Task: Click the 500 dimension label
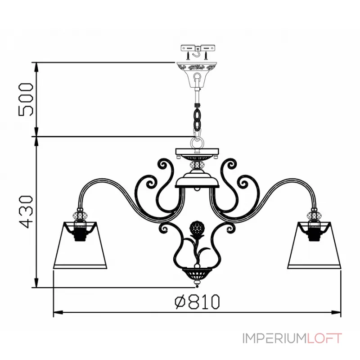(26, 99)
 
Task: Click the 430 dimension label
(26, 212)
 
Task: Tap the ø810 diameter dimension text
(197, 301)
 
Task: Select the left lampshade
(80, 245)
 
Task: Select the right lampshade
(314, 245)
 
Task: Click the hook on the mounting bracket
(197, 53)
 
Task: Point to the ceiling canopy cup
(197, 75)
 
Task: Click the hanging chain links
(197, 119)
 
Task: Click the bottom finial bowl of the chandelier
(197, 274)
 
